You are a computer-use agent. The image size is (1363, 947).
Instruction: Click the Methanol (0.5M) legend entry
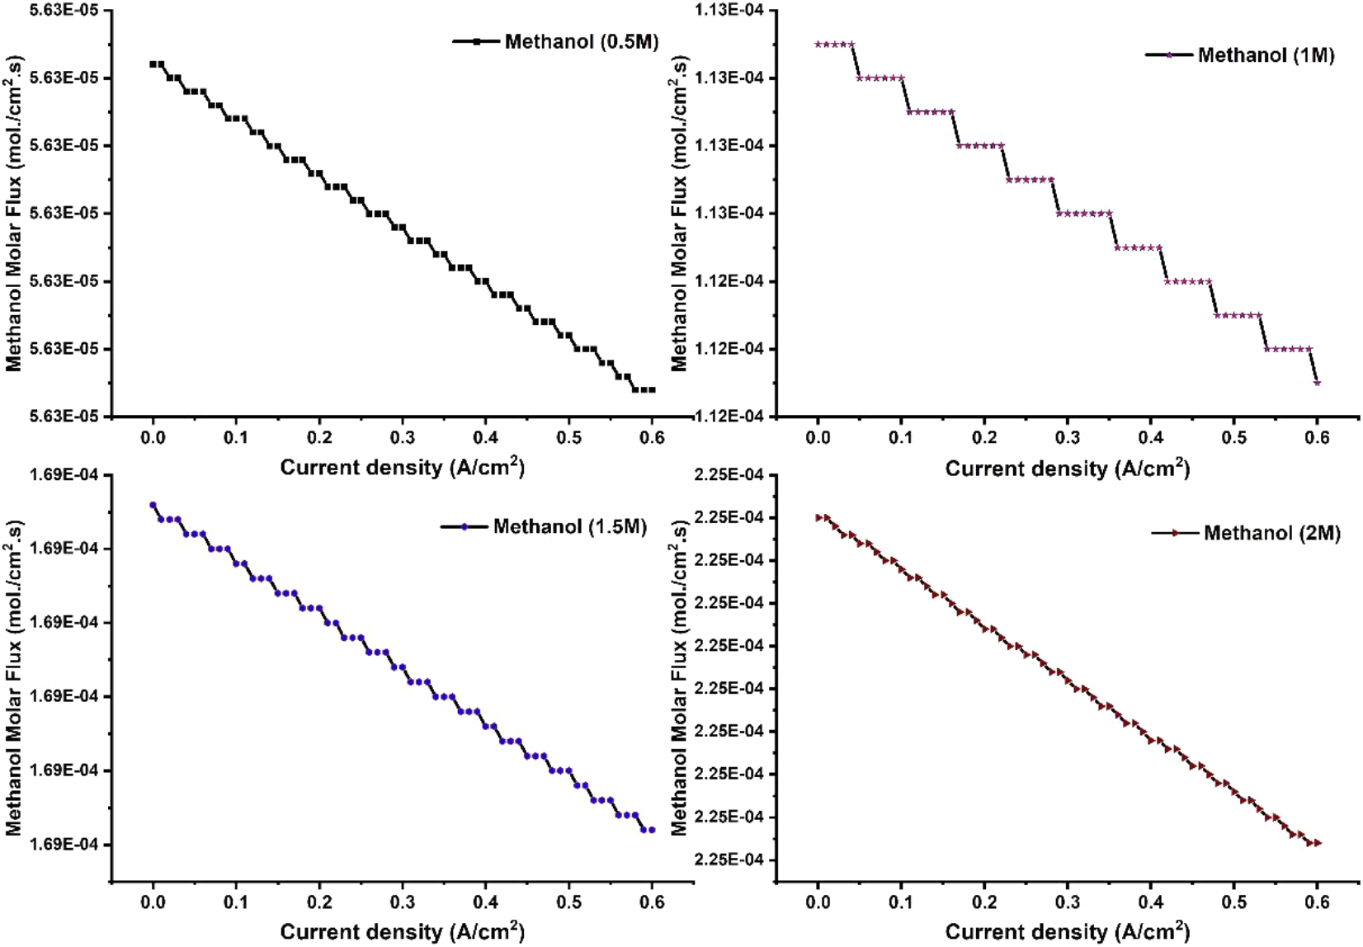pyautogui.click(x=581, y=41)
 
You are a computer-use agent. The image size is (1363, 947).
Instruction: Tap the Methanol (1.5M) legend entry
pyautogui.click(x=569, y=526)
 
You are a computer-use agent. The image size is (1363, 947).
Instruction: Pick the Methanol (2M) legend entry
pyautogui.click(x=1271, y=533)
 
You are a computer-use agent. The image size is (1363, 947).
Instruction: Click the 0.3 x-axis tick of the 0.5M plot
pyautogui.click(x=403, y=436)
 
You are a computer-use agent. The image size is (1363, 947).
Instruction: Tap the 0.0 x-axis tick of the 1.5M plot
pyautogui.click(x=153, y=902)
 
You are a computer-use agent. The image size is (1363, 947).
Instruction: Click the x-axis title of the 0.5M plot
pyautogui.click(x=402, y=467)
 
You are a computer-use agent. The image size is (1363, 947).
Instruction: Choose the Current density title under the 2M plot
pyautogui.click(x=1067, y=931)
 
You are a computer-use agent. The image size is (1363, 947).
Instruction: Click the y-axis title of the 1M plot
pyautogui.click(x=678, y=213)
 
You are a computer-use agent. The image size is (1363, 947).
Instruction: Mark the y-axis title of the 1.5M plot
pyautogui.click(x=13, y=678)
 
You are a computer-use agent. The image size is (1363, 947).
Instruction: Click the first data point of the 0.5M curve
pyautogui.click(x=153, y=64)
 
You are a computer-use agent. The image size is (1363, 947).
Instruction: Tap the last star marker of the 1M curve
pyautogui.click(x=1317, y=383)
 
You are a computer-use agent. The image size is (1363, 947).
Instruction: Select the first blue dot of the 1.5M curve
pyautogui.click(x=153, y=505)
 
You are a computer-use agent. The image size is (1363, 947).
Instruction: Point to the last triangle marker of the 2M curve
pyautogui.click(x=1318, y=843)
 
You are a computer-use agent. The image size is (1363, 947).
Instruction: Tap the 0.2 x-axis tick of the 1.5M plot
pyautogui.click(x=319, y=902)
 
